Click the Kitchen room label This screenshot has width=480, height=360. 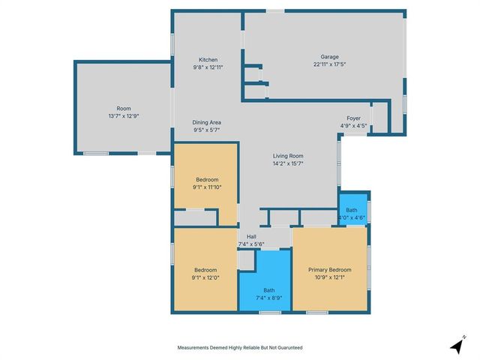coord(208,59)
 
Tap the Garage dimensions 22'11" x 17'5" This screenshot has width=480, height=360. coord(329,64)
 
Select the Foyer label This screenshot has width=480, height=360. coord(353,118)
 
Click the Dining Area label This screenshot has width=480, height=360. coord(206,122)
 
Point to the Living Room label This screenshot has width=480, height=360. coord(287,155)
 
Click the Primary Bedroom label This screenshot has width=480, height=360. coord(329,269)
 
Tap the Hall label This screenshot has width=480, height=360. coord(251,236)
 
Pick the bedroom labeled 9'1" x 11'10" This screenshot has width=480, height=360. coord(206,184)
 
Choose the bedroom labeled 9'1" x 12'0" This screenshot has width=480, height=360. coord(205,274)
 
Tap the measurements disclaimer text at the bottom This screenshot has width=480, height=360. coord(240,348)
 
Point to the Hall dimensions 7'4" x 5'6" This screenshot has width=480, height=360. coord(251,244)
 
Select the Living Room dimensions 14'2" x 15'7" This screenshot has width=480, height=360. coord(287,163)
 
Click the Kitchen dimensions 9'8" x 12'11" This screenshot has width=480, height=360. coord(208,67)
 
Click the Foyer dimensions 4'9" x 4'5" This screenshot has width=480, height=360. coord(353,126)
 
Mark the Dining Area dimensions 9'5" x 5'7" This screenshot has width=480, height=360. coord(206,130)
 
